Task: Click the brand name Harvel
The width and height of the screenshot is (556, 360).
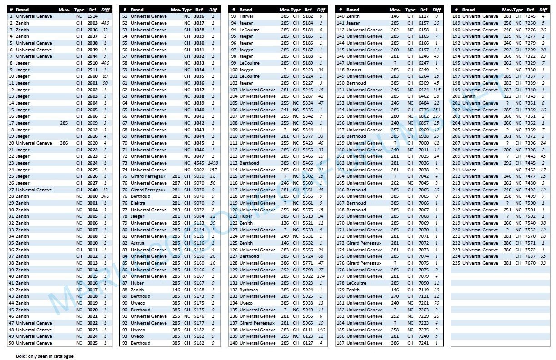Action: pyautogui.click(x=246, y=16)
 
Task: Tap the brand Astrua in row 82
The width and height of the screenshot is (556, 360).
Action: pyautogui.click(x=138, y=243)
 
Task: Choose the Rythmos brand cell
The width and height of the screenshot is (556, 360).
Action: pyautogui.click(x=249, y=290)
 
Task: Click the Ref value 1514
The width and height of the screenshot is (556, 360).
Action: pyautogui.click(x=92, y=16)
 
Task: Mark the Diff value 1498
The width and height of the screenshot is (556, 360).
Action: pyautogui.click(x=213, y=163)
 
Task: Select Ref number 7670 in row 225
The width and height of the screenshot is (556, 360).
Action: pyautogui.click(x=530, y=263)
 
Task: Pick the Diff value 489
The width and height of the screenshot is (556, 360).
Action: pyautogui.click(x=106, y=23)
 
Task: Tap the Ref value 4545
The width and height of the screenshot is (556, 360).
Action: pyautogui.click(x=199, y=163)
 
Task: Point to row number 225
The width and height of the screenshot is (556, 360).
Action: pyautogui.click(x=456, y=263)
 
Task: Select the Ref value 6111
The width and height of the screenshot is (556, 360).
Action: pyautogui.click(x=308, y=330)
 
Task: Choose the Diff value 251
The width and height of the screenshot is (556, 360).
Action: pyautogui.click(x=437, y=110)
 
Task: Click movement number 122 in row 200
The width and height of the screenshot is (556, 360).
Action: pyautogui.click(x=507, y=96)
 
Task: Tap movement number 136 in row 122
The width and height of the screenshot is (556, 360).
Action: pyautogui.click(x=285, y=223)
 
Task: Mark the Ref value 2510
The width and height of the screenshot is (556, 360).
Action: pyautogui.click(x=92, y=63)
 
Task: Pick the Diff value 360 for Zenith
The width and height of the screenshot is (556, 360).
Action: pyautogui.click(x=105, y=196)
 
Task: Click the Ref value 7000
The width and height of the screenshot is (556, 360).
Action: pyautogui.click(x=424, y=143)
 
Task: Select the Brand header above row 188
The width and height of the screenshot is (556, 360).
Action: pyautogui.click(x=468, y=10)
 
